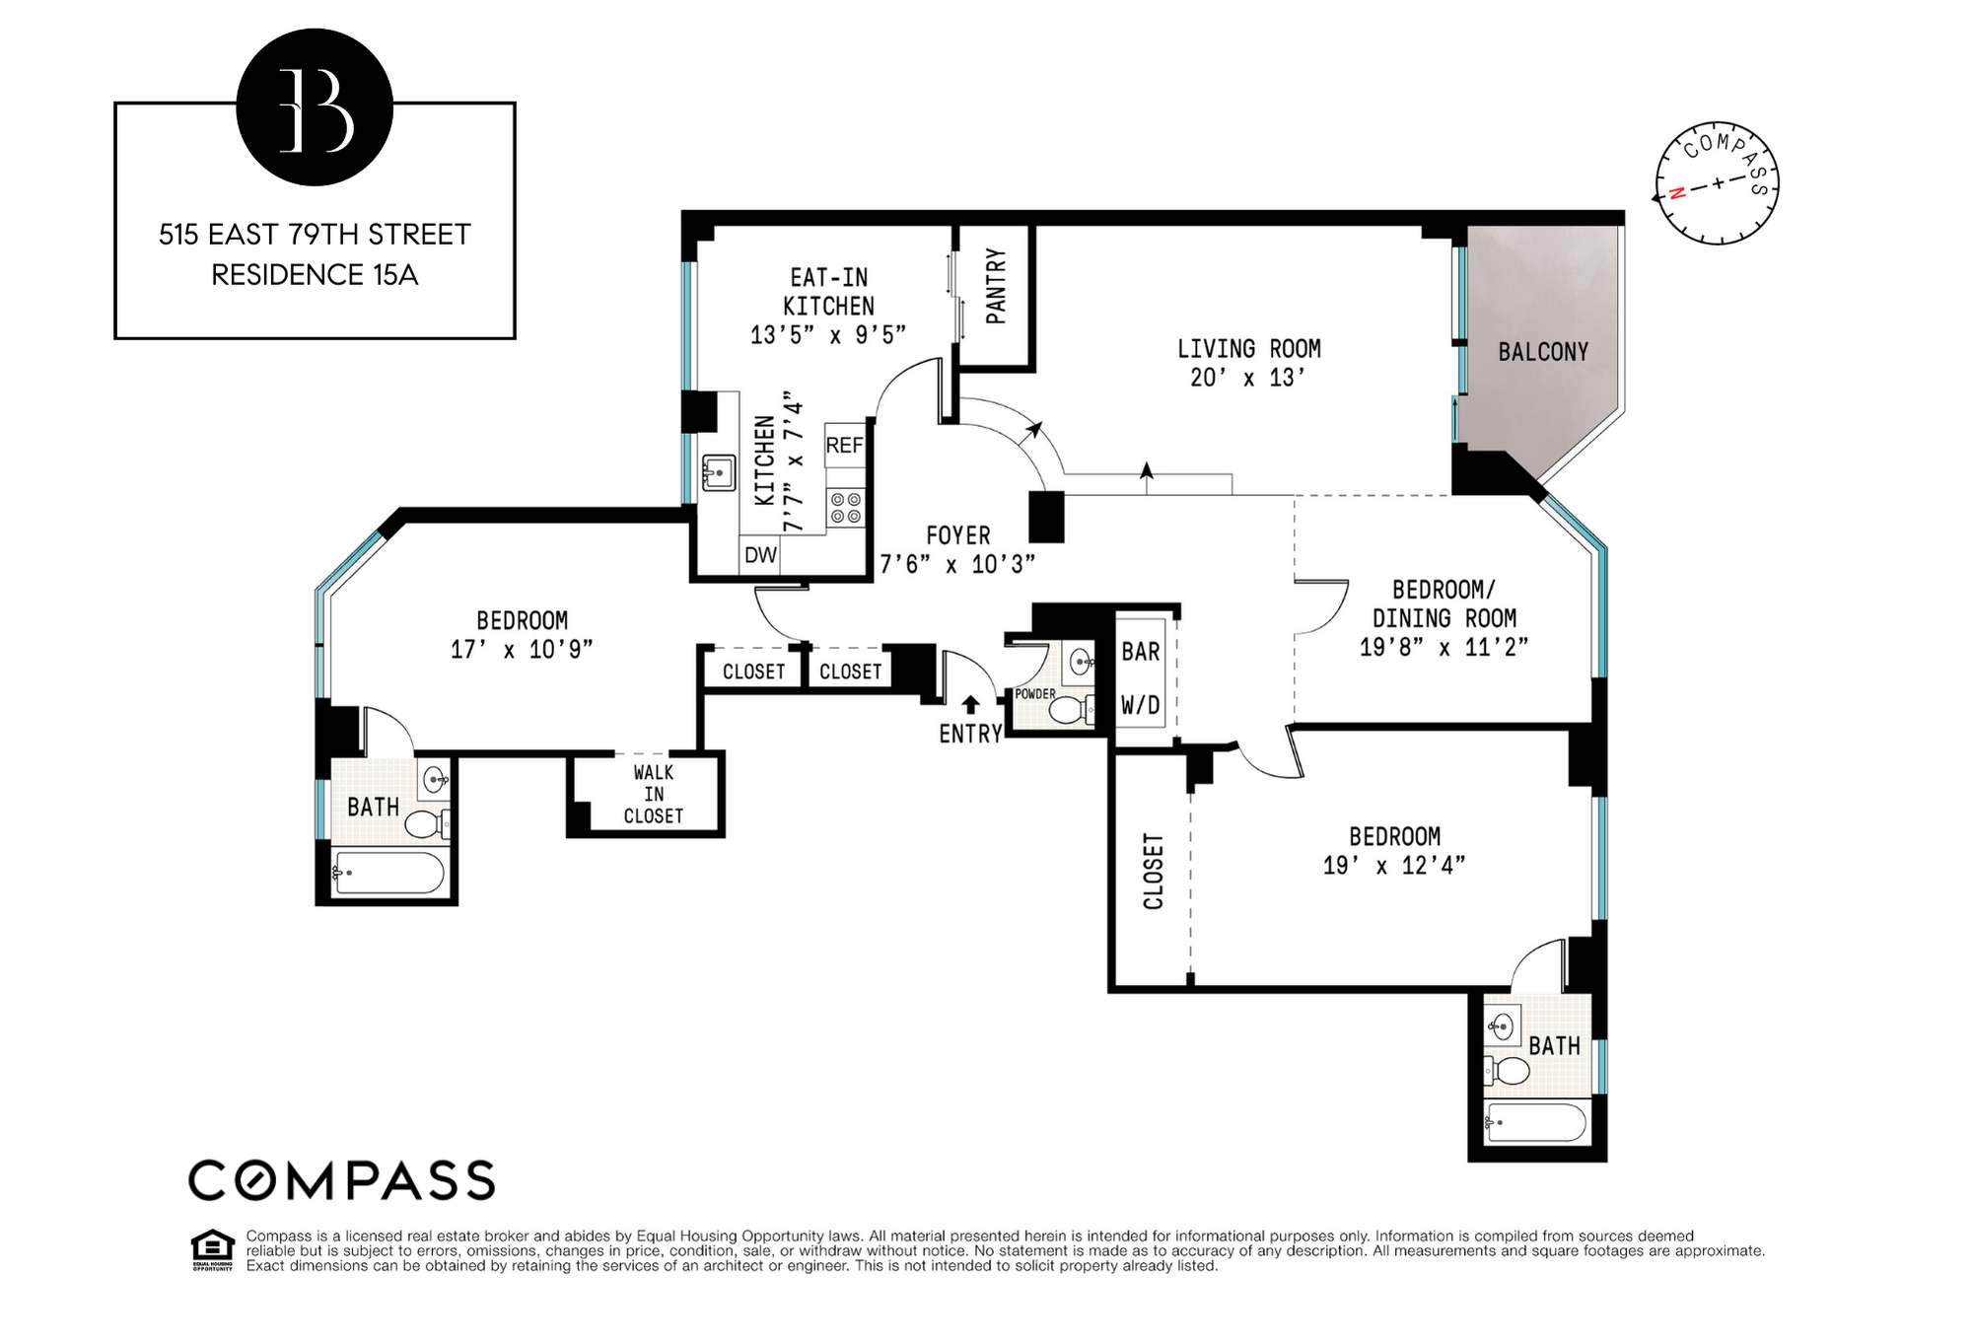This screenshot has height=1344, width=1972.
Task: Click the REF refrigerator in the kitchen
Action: [x=844, y=446]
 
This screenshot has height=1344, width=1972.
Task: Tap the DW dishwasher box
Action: [x=760, y=555]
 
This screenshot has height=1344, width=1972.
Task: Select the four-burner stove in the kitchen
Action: [x=845, y=508]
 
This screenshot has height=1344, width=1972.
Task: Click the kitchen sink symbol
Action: [x=718, y=473]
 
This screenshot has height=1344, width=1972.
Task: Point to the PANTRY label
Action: [x=996, y=286]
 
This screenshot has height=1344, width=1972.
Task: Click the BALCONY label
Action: [x=1543, y=352]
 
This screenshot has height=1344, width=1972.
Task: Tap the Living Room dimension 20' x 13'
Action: [x=1247, y=378]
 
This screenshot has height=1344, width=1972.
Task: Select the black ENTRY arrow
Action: [x=970, y=704]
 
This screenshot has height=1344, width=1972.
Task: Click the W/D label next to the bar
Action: [x=1141, y=705]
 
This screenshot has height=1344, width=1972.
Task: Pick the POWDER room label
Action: [x=1035, y=694]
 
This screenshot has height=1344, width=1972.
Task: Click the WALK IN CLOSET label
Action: [x=653, y=794]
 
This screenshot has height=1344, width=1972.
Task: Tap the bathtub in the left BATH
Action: [x=388, y=874]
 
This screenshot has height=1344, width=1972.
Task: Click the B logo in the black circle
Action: [x=315, y=108]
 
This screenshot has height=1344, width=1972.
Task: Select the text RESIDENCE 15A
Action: [x=315, y=275]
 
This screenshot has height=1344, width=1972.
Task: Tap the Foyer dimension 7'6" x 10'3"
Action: [x=957, y=564]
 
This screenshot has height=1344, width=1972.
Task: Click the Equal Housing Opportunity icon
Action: [x=212, y=1248]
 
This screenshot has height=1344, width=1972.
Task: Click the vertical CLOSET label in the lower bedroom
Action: [x=1153, y=872]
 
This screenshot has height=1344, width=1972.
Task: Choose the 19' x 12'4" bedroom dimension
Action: [x=1394, y=866]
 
